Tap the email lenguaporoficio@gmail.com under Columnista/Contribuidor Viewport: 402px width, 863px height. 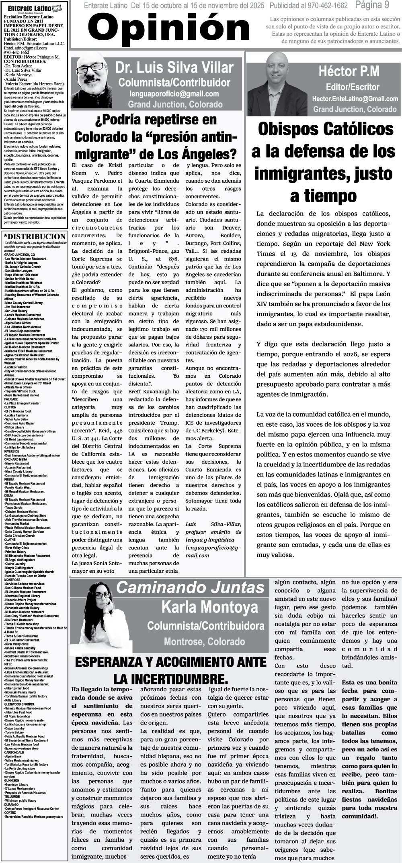tap(174, 94)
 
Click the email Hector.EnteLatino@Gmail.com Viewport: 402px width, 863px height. tap(355, 99)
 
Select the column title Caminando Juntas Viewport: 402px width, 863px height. tap(190, 587)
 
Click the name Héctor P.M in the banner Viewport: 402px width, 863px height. tap(349, 71)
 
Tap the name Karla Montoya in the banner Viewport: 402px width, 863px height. tap(209, 607)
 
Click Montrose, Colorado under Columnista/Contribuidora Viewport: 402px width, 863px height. tap(204, 641)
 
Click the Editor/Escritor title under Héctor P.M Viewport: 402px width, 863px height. tap(353, 87)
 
